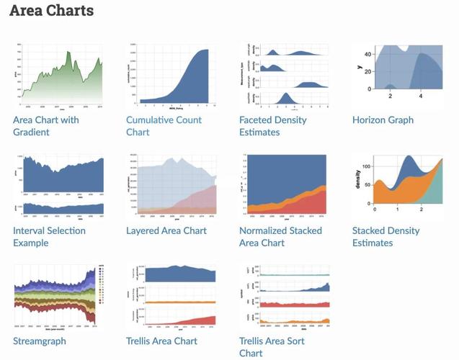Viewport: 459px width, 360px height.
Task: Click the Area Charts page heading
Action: click(x=51, y=12)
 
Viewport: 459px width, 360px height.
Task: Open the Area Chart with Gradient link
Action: click(x=46, y=126)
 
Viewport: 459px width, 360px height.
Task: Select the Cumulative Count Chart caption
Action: click(x=163, y=126)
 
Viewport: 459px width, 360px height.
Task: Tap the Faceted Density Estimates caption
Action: click(x=272, y=126)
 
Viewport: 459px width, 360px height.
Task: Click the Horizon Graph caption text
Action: click(x=383, y=120)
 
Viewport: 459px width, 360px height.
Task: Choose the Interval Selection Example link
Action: click(x=49, y=237)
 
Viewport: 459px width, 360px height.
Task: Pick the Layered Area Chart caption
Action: click(x=166, y=230)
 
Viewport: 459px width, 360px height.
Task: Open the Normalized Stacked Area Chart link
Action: click(x=280, y=237)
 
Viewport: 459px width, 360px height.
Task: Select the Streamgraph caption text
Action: click(x=40, y=341)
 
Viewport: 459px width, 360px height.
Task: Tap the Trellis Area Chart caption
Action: click(x=161, y=341)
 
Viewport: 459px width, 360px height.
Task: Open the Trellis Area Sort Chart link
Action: click(x=272, y=347)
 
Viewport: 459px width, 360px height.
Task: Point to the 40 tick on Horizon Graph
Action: click(x=367, y=55)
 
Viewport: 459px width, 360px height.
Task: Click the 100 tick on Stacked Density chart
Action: click(x=366, y=166)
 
